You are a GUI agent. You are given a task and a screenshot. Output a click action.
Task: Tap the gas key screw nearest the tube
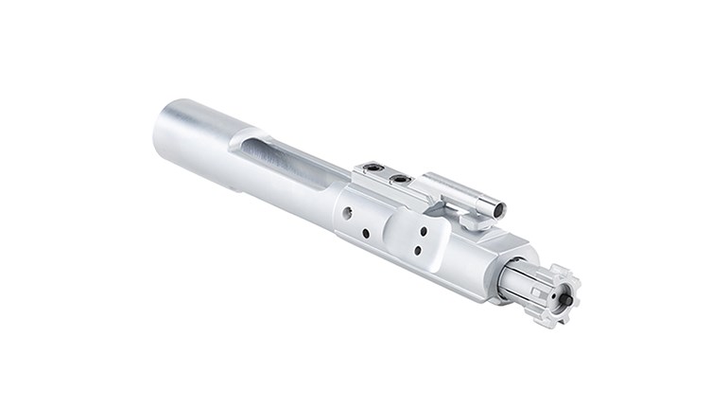point(402,178)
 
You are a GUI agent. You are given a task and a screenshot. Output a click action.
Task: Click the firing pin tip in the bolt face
point(566,297)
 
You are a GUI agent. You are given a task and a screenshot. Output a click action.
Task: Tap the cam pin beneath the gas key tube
point(475,221)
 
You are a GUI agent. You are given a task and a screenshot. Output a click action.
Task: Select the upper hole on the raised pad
point(422,228)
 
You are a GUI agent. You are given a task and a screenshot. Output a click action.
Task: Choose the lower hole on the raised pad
point(416,251)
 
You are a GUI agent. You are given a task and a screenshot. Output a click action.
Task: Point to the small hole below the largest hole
point(365,233)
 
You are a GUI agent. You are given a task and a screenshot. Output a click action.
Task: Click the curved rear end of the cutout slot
point(248,143)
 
